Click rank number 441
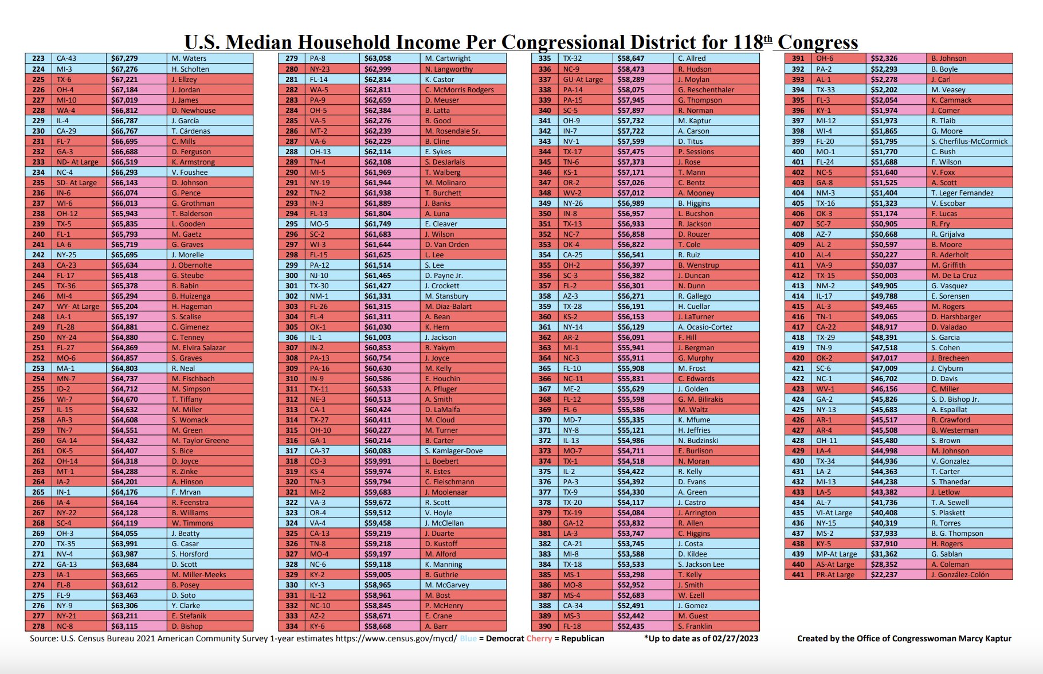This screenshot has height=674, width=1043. (x=798, y=575)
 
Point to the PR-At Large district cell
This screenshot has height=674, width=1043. (x=838, y=575)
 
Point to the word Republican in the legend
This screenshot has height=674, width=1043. (x=583, y=638)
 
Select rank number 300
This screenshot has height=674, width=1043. (x=292, y=276)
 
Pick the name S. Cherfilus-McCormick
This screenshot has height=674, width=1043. (x=969, y=142)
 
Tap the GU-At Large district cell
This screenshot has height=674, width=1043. (x=585, y=80)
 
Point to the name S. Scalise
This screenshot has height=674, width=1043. (x=186, y=317)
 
